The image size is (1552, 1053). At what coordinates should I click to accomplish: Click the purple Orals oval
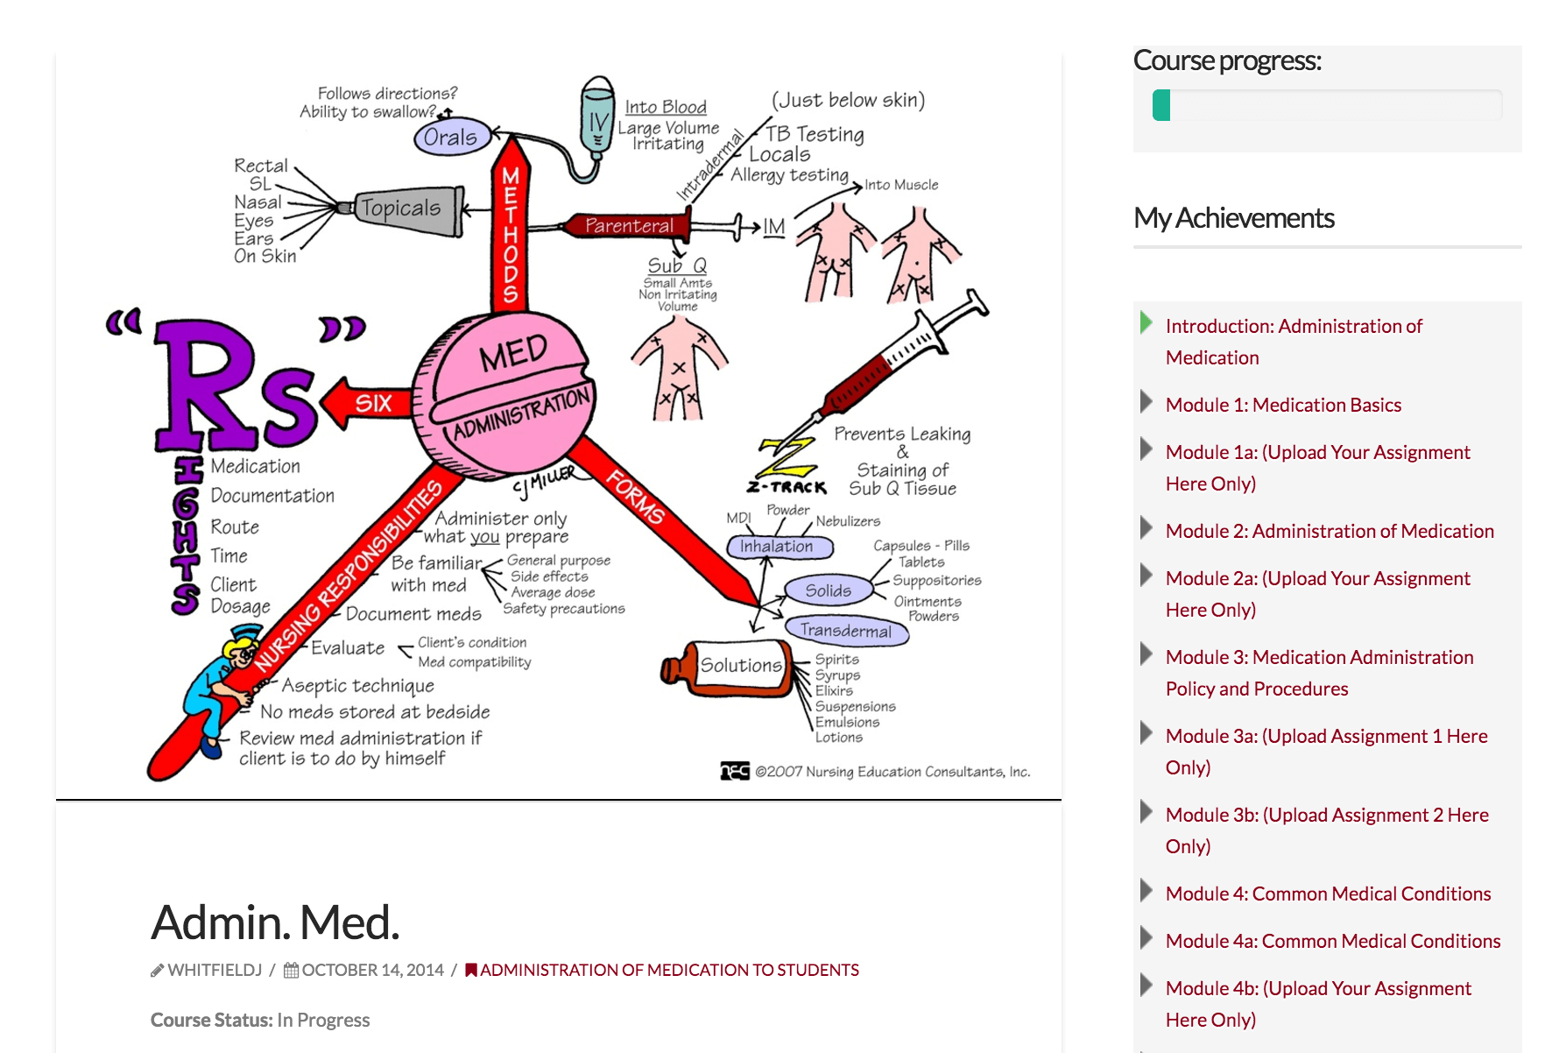click(x=451, y=137)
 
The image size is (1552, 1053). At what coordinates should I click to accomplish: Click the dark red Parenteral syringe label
click(x=629, y=225)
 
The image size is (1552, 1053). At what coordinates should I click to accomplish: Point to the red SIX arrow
click(x=367, y=403)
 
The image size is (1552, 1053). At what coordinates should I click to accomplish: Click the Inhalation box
click(x=779, y=547)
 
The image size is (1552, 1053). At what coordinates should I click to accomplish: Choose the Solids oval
click(x=828, y=590)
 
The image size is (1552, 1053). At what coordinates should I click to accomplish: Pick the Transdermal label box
click(x=846, y=631)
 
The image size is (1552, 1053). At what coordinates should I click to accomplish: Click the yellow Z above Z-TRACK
click(x=787, y=457)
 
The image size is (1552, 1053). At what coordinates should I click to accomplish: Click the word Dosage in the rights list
click(x=241, y=606)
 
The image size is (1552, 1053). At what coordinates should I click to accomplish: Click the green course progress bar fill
click(x=1161, y=105)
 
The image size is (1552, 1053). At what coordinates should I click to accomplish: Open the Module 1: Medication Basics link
click(x=1283, y=405)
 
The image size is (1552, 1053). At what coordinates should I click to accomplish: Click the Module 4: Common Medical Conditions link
click(x=1328, y=894)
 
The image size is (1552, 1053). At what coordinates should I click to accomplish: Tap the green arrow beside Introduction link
click(x=1146, y=322)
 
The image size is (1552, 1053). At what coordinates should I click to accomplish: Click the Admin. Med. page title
click(x=275, y=922)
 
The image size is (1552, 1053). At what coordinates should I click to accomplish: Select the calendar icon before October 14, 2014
click(x=291, y=970)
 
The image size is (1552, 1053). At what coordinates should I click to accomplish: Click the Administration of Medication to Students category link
click(x=669, y=970)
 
